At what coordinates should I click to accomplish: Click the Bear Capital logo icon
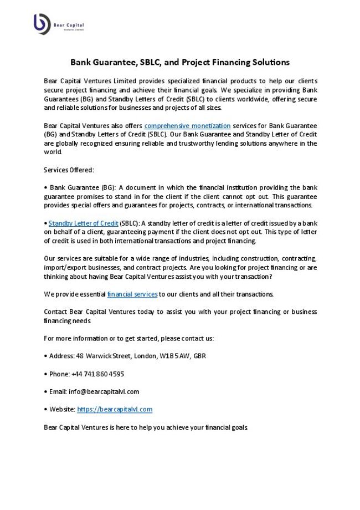[x=42, y=24]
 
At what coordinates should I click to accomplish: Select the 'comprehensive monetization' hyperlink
[x=187, y=126]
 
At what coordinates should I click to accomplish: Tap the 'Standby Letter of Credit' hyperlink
[x=84, y=223]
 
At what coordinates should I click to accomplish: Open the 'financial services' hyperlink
[x=132, y=293]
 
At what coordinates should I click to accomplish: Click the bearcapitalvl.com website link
[x=115, y=409]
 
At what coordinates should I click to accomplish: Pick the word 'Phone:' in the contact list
[x=59, y=374]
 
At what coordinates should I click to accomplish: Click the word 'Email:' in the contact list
[x=58, y=391]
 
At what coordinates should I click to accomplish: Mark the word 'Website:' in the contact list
[x=61, y=409]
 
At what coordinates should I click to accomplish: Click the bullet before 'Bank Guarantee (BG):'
[x=45, y=188]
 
